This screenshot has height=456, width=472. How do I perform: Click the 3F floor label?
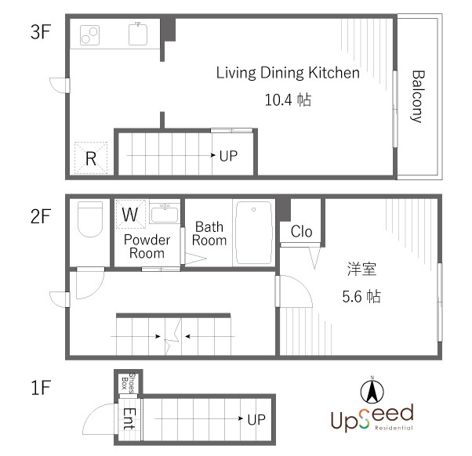[x=41, y=31]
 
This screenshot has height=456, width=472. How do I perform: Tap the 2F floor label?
[x=41, y=216]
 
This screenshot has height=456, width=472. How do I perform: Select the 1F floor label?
[x=41, y=387]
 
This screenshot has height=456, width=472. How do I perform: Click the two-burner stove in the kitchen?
[x=89, y=35]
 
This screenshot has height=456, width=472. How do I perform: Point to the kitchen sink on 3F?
[x=138, y=34]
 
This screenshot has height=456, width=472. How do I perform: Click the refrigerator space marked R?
[x=91, y=158]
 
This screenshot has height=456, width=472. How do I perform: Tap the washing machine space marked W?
[x=130, y=214]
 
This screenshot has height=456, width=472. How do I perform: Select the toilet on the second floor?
[x=90, y=219]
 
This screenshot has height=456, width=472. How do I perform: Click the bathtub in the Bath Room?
[x=254, y=233]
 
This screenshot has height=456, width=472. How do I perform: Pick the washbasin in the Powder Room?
[x=165, y=213]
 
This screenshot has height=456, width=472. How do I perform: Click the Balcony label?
[x=418, y=96]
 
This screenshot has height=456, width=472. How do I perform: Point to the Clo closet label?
[x=301, y=232]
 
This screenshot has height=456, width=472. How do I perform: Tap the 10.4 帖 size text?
[x=288, y=100]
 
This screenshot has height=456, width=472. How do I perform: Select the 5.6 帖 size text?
[x=361, y=296]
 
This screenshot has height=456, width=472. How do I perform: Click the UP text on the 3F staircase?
[x=228, y=156]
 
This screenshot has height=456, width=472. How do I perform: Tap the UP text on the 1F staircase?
[x=256, y=419]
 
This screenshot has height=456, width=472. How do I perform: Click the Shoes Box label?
[x=129, y=383]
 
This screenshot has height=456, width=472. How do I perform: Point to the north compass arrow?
[x=372, y=392]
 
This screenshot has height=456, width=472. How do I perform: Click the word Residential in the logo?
[x=394, y=428]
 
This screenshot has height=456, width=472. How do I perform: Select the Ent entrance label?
[x=129, y=418]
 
